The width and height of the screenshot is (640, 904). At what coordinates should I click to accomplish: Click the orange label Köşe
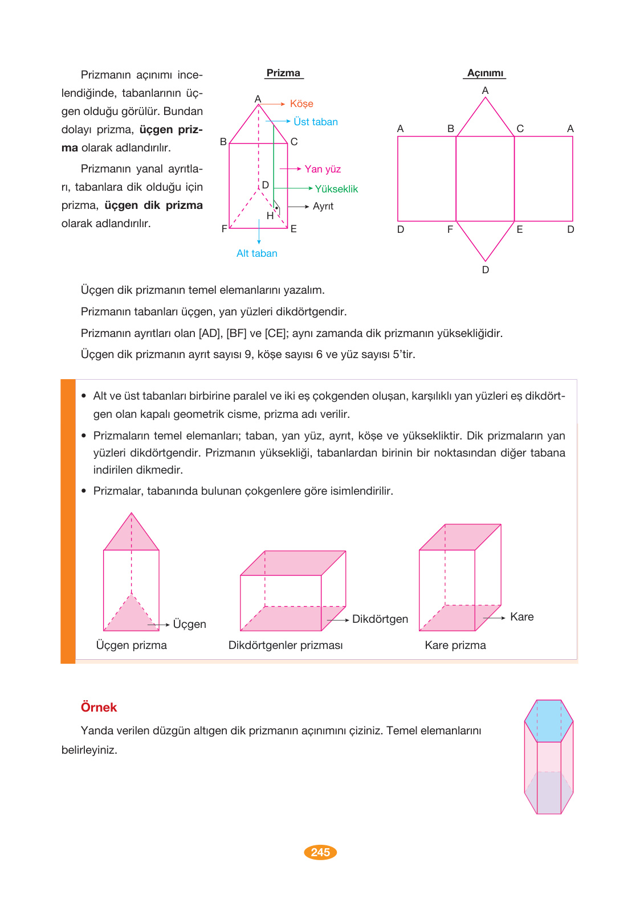click(x=301, y=104)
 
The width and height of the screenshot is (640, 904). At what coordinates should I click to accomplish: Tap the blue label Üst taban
click(x=315, y=122)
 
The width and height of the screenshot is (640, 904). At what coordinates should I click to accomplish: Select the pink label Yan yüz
click(x=323, y=169)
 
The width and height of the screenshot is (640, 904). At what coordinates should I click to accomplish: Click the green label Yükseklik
click(x=336, y=189)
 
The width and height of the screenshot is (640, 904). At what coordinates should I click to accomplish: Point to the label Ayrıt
click(x=323, y=206)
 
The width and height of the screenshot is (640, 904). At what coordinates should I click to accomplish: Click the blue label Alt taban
click(x=256, y=253)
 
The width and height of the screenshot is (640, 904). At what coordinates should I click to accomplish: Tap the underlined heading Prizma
click(x=283, y=73)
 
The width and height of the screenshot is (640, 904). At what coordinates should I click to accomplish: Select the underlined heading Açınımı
click(x=485, y=73)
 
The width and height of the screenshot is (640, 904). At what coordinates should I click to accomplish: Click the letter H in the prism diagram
click(x=270, y=216)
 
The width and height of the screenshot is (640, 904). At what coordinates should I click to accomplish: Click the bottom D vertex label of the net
click(x=486, y=270)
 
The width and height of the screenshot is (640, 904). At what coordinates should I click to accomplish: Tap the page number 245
click(x=320, y=852)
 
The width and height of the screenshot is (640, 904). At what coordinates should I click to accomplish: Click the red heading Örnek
click(x=99, y=707)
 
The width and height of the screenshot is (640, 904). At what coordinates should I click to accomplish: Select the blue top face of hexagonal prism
click(x=549, y=721)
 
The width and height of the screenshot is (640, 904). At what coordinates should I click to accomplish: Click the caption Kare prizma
click(x=455, y=645)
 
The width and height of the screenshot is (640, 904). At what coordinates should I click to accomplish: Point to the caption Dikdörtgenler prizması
click(x=286, y=645)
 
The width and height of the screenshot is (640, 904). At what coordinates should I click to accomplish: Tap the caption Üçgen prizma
click(x=131, y=645)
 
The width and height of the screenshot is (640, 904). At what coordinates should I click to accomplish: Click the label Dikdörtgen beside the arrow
click(x=380, y=619)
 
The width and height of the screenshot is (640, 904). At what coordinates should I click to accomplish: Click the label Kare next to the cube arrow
click(x=521, y=617)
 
